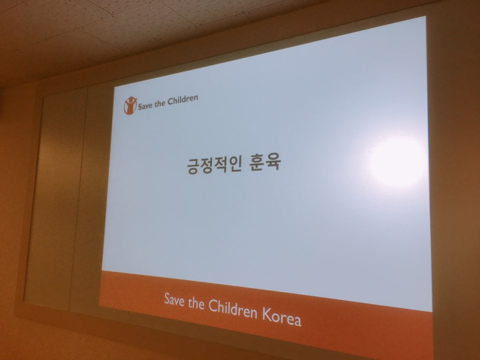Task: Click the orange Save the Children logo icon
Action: (130, 105)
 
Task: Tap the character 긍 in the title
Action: (193, 165)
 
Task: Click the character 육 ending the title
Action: (273, 162)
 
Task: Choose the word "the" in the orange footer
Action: (196, 302)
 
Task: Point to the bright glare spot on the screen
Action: (396, 161)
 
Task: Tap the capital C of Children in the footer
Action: (213, 305)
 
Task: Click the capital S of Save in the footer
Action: (167, 298)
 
